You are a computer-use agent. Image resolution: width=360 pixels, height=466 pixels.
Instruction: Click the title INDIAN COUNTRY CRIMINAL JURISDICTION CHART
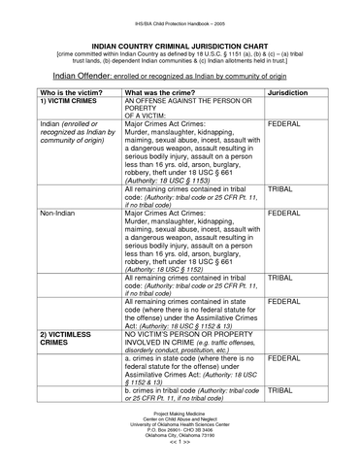(x=180, y=45)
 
